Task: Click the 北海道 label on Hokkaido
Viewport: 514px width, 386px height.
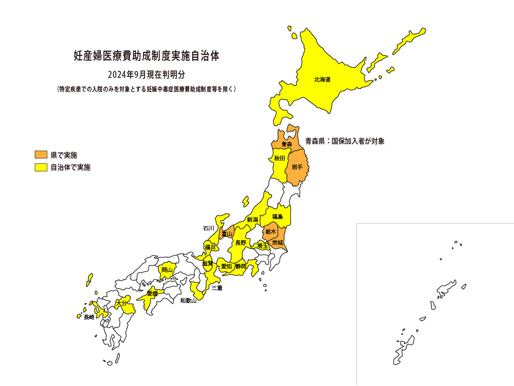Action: (322, 79)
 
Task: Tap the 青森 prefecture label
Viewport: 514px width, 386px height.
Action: (287, 144)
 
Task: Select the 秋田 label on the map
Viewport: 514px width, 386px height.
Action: (280, 158)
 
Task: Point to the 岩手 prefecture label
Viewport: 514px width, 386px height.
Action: (297, 167)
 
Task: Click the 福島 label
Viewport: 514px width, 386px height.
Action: (278, 217)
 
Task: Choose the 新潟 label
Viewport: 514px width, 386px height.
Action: (252, 220)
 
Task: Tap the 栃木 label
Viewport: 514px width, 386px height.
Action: (271, 232)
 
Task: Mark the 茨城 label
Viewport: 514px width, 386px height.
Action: (278, 243)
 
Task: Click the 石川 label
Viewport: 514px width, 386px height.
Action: (209, 228)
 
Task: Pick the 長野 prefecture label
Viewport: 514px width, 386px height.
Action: (241, 243)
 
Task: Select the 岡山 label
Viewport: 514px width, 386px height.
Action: (167, 270)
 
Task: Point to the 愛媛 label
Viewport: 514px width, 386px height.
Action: (153, 293)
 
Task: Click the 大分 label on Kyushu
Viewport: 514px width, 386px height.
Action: (121, 304)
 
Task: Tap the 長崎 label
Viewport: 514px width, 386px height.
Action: (89, 317)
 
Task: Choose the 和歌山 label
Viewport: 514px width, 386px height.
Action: (188, 301)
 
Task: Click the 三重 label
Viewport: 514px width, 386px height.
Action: (217, 288)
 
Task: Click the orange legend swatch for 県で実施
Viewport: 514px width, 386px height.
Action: (41, 154)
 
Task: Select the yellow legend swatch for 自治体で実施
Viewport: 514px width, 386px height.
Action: (41, 167)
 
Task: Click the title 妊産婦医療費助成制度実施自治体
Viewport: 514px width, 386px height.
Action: (147, 56)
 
